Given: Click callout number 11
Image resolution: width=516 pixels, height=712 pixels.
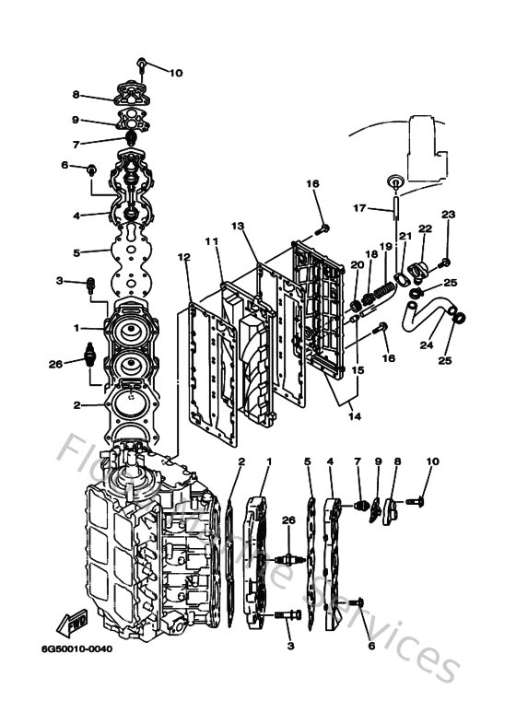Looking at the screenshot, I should (x=211, y=240).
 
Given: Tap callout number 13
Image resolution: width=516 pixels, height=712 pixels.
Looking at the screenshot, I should (x=237, y=226).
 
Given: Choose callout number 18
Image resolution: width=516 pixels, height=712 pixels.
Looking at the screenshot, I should (x=371, y=253).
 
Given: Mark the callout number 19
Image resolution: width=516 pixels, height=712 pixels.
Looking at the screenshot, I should (x=386, y=246).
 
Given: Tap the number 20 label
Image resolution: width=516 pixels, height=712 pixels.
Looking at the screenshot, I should (x=355, y=265).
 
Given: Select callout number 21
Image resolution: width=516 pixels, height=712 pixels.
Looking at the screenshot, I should (x=405, y=237).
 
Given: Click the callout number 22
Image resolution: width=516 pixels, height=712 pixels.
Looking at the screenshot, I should (x=425, y=228).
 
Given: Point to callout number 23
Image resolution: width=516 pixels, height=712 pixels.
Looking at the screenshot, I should (x=449, y=215).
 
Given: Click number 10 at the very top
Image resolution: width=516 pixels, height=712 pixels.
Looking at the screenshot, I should (x=176, y=72).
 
